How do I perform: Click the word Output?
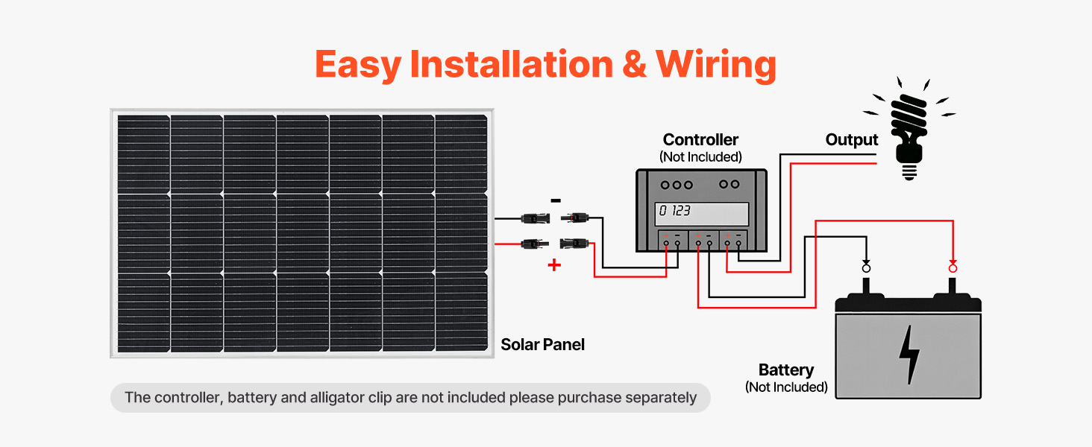[x=852, y=140]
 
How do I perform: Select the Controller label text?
[x=700, y=139]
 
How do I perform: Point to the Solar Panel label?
[x=542, y=345]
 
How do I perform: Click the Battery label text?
[x=785, y=370]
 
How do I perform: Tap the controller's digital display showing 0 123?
[x=701, y=213]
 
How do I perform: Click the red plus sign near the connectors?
[x=554, y=264]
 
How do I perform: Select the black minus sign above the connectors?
[x=555, y=200]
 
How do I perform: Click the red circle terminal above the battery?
[x=953, y=267]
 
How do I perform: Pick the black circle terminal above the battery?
[x=866, y=267]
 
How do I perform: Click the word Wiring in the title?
[x=716, y=64]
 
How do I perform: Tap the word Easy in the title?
[x=358, y=64]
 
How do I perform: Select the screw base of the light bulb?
[x=909, y=171]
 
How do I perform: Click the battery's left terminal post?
[x=866, y=288]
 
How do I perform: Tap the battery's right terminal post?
[x=953, y=288]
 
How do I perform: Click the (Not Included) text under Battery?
[x=786, y=387]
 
